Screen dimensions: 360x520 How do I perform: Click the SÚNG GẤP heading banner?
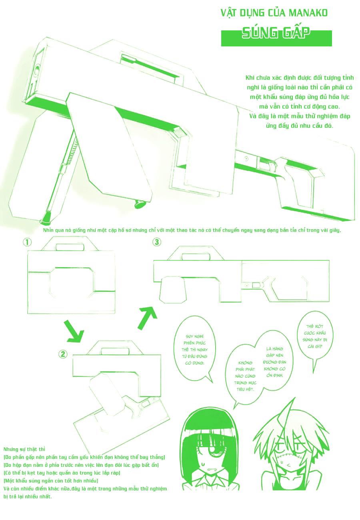(x=276, y=38)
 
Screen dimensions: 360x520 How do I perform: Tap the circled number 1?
(x=27, y=242)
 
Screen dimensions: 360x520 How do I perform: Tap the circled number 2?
(x=63, y=354)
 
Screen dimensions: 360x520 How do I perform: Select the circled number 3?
(x=157, y=242)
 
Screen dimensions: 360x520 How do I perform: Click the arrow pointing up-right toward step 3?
(x=148, y=317)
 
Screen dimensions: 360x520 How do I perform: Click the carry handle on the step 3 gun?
(x=196, y=254)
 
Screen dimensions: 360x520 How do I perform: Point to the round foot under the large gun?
(x=140, y=204)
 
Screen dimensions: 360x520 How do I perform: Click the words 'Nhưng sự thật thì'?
(x=24, y=449)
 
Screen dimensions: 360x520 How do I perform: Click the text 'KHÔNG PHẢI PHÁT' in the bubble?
(x=245, y=366)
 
